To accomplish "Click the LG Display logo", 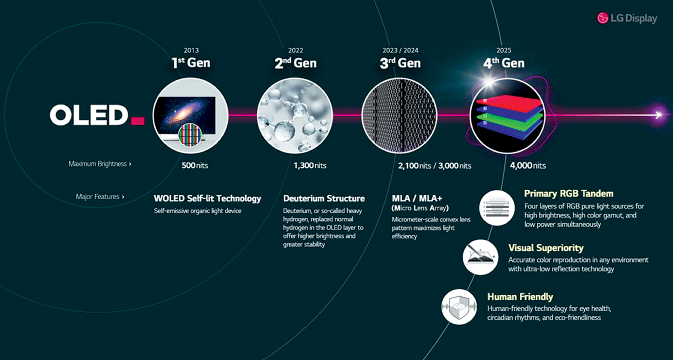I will point(627,18).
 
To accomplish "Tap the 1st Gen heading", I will point(190,63).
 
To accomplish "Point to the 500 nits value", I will point(194,165).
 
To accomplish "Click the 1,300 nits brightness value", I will point(310,165).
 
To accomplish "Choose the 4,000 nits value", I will point(528,165).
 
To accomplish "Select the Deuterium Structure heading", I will point(324,198).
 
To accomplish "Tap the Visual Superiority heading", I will point(545,248).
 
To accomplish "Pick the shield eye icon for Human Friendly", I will point(459,307).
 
